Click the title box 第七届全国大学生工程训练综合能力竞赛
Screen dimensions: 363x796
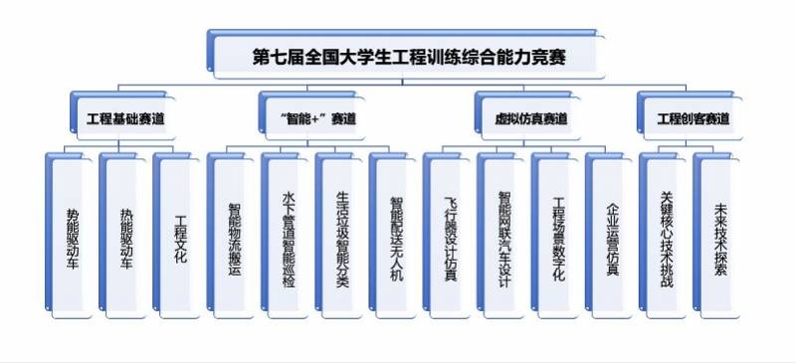tap(406, 54)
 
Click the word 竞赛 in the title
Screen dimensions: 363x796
tap(551, 55)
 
